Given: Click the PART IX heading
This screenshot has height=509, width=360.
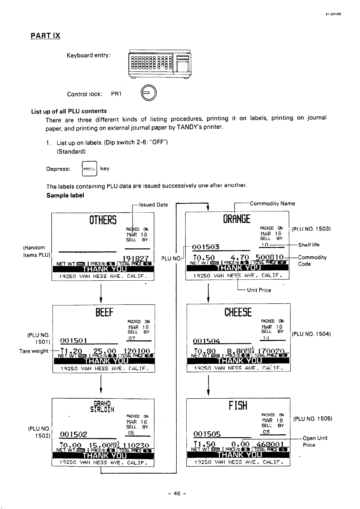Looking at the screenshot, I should tap(45, 36).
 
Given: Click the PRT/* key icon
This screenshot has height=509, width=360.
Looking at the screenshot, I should tap(90, 169).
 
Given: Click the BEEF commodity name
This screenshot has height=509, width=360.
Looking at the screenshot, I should tap(104, 312).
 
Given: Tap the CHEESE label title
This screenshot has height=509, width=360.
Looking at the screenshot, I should tap(238, 312).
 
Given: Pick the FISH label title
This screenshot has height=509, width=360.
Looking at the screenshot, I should tap(238, 406).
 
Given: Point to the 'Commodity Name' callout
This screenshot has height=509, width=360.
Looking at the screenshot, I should tap(272, 204).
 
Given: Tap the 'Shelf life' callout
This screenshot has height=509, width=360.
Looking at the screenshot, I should tap(309, 245).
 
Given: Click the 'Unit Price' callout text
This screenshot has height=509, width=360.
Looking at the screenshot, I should tap(259, 290).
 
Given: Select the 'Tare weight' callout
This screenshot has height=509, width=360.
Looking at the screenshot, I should tap(34, 351).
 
